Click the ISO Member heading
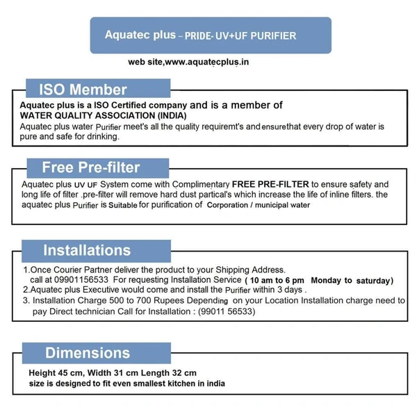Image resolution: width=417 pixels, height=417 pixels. [x=83, y=90]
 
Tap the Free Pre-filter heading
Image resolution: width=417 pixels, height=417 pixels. [x=90, y=167]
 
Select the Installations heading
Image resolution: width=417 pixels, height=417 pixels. [x=86, y=250]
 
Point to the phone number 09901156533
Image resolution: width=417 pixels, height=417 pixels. [x=85, y=280]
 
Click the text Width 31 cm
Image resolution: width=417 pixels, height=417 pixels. [x=113, y=373]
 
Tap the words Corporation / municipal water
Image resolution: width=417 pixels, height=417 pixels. [x=258, y=206]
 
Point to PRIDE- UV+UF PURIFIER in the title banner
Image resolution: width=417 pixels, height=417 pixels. [x=236, y=35]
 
